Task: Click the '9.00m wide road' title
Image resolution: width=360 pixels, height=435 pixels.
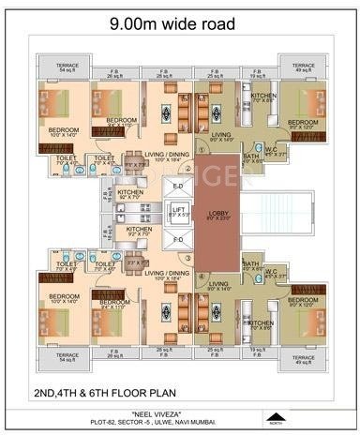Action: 180,26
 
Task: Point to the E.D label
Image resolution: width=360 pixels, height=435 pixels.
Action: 178,186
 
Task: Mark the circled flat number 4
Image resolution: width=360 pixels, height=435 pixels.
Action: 200,276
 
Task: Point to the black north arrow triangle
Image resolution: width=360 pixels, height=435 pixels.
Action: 274,415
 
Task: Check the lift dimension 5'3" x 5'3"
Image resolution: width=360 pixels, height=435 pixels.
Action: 179,217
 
